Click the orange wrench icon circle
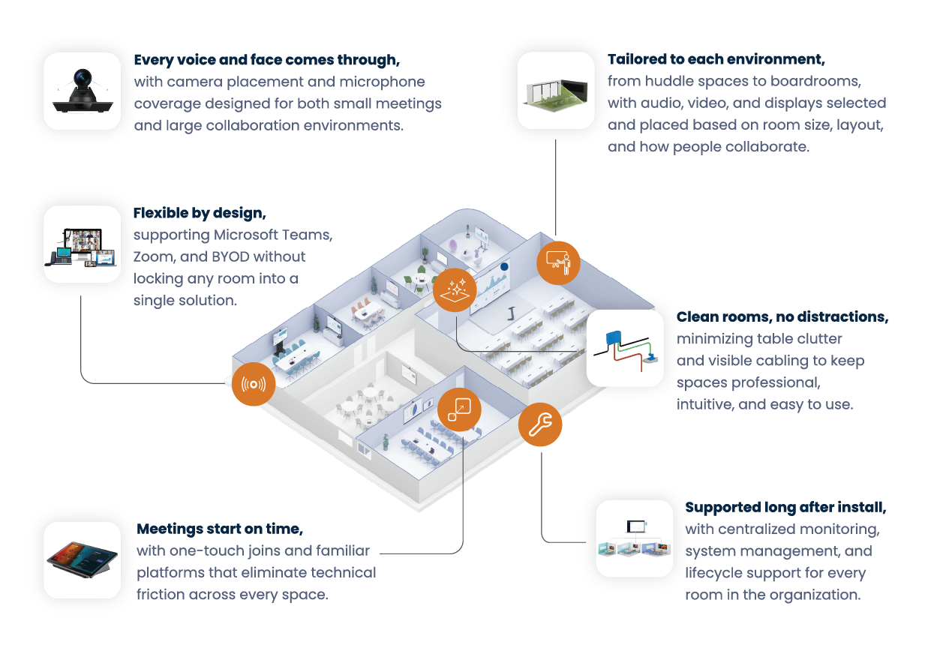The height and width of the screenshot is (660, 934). (x=540, y=424)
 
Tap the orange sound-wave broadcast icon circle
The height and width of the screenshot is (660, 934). (x=254, y=384)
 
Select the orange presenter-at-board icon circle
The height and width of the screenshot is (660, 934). (x=559, y=262)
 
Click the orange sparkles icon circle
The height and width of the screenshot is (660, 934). (x=455, y=289)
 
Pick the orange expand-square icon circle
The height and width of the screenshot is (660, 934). (x=459, y=409)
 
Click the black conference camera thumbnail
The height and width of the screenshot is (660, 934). (x=83, y=91)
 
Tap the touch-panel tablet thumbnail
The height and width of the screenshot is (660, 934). (x=83, y=559)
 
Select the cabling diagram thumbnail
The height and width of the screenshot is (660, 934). (x=625, y=349)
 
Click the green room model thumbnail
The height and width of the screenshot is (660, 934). (x=556, y=91)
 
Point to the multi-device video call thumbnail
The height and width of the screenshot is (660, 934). (x=83, y=244)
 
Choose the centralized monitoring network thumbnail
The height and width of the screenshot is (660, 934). (x=635, y=538)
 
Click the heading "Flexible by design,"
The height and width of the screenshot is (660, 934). (x=200, y=213)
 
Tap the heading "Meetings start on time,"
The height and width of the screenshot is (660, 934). (x=220, y=529)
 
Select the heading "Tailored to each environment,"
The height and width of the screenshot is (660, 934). (x=716, y=59)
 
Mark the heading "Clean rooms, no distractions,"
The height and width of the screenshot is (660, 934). (x=782, y=317)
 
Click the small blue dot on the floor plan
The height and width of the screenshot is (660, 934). (x=505, y=266)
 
